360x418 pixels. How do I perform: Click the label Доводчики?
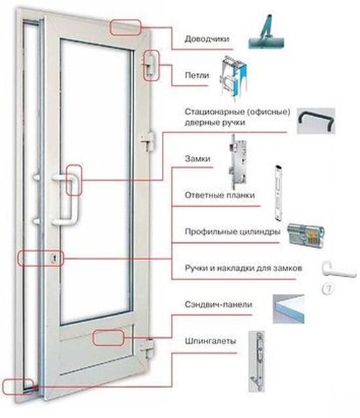tap(207, 39)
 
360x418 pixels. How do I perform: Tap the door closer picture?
tap(266, 32)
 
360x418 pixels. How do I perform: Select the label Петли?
tap(197, 75)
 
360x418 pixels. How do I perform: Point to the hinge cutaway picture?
tap(234, 78)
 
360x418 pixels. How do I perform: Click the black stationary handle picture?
tap(316, 121)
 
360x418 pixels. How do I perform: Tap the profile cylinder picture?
tap(306, 234)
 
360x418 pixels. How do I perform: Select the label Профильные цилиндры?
tap(233, 231)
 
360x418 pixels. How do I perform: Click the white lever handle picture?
tap(338, 270)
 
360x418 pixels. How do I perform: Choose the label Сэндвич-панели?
tap(218, 304)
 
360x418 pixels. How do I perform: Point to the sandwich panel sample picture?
tap(289, 309)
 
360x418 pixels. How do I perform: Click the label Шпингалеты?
tap(210, 341)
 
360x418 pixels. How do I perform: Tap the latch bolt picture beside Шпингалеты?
tap(257, 362)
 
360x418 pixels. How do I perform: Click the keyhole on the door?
tap(55, 258)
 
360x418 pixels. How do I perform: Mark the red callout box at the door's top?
tap(125, 27)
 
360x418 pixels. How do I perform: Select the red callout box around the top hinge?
tap(151, 66)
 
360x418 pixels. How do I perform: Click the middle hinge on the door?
tap(148, 142)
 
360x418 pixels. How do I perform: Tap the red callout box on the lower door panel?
tap(109, 338)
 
